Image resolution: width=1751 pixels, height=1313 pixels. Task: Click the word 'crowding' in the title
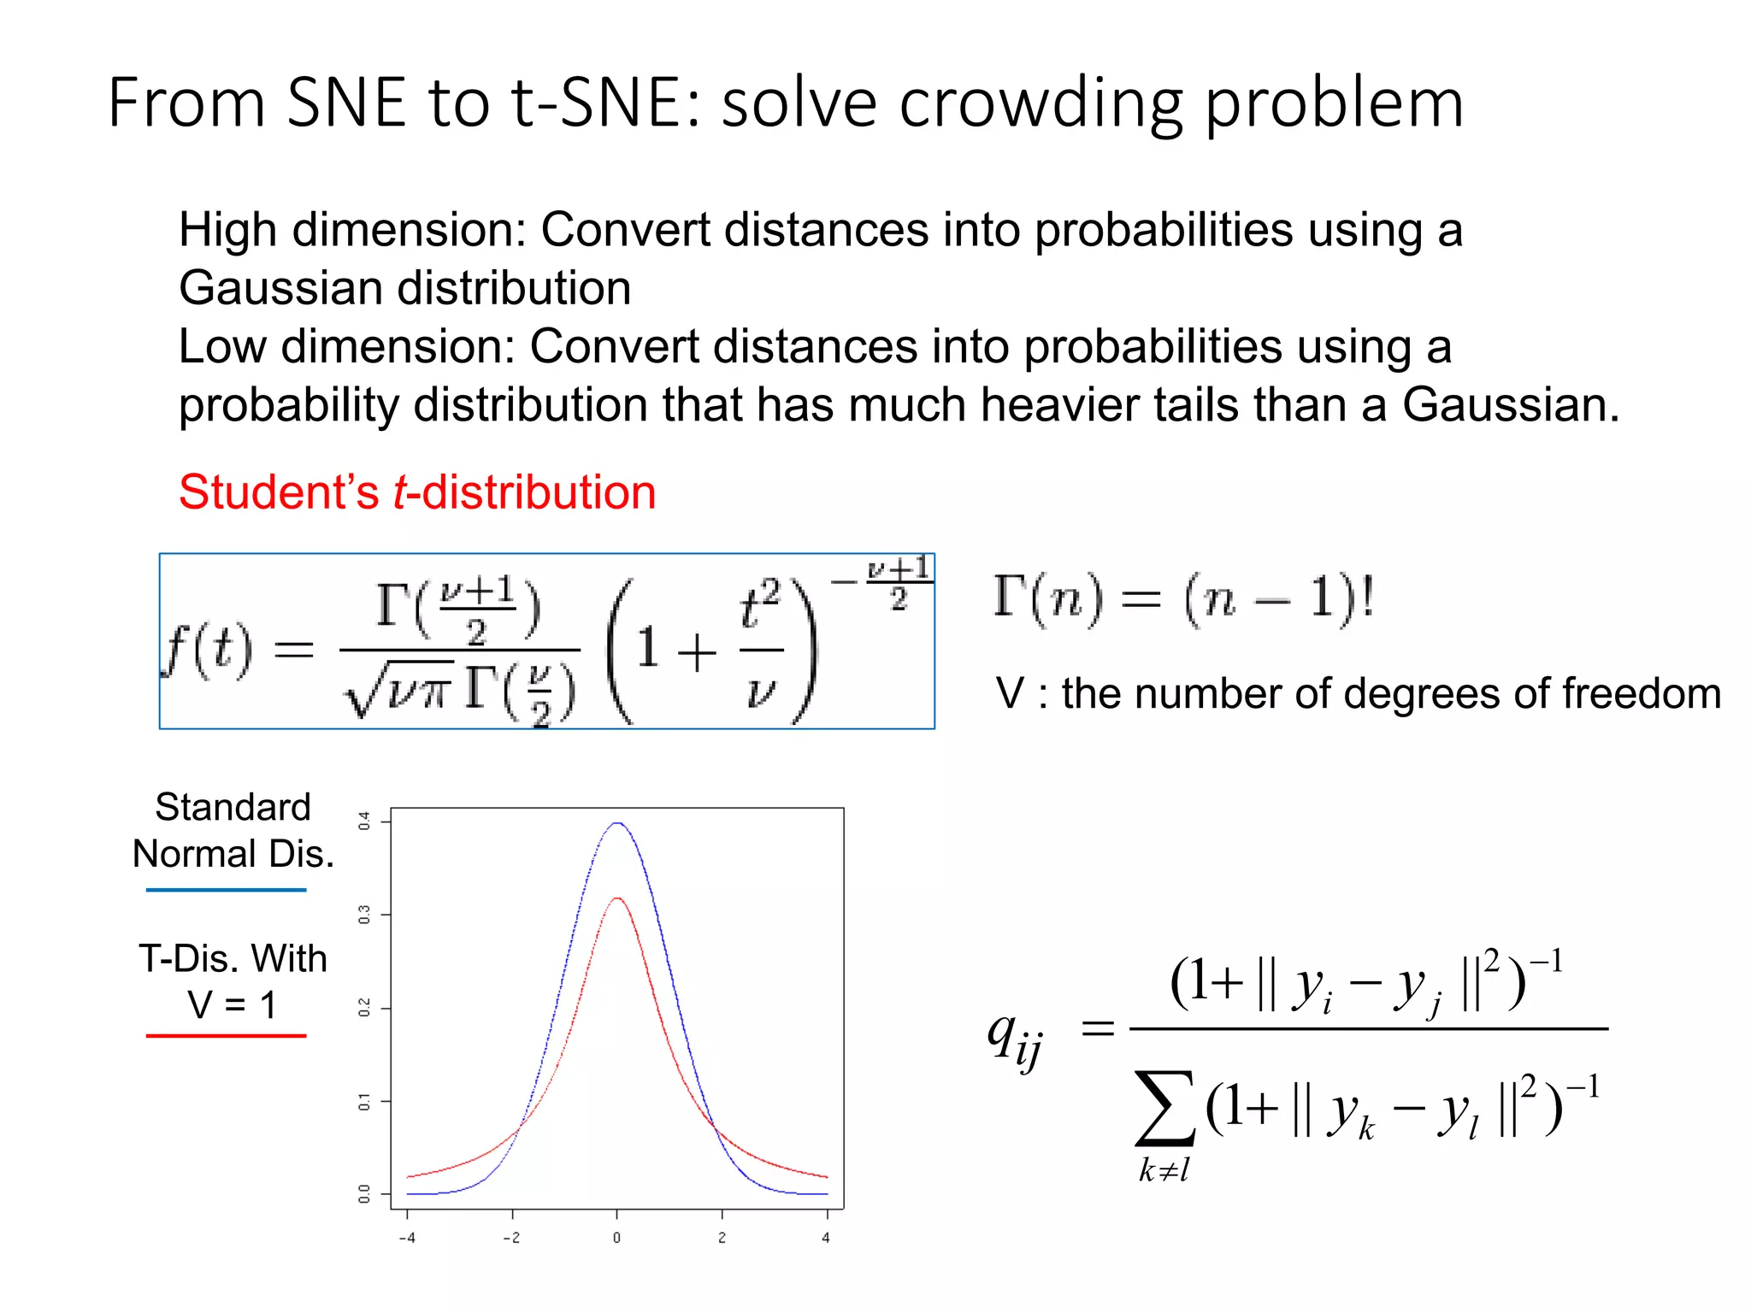[1041, 104]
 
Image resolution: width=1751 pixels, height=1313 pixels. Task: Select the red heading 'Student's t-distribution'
[417, 492]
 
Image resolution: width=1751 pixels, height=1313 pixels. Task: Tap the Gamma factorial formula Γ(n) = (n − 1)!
[1183, 598]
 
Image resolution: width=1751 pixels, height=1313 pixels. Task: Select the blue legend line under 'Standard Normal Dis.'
[226, 890]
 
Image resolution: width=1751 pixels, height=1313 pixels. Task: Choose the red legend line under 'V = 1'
[226, 1036]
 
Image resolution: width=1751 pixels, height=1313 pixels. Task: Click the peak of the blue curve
[617, 823]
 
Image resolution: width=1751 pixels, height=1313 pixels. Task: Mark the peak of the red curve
[617, 898]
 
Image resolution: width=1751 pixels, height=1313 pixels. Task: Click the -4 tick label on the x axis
[407, 1238]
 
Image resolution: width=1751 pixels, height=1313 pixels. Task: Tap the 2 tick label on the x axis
[722, 1238]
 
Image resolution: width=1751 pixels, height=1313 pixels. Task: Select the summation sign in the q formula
[1164, 1109]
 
